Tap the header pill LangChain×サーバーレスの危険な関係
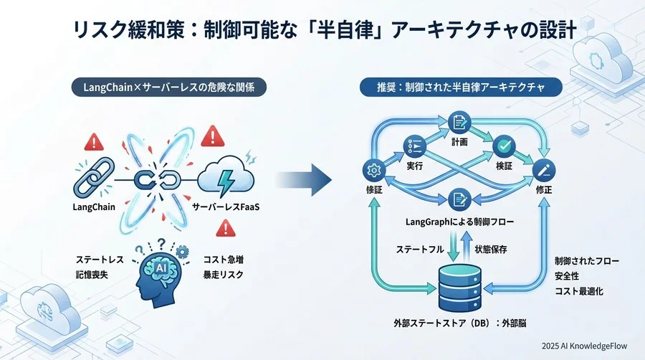click(168, 88)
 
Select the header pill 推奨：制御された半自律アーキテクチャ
click(461, 88)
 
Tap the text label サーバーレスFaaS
click(226, 207)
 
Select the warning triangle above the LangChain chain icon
click(94, 141)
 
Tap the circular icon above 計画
click(457, 123)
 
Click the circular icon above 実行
click(414, 146)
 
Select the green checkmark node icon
click(505, 146)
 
